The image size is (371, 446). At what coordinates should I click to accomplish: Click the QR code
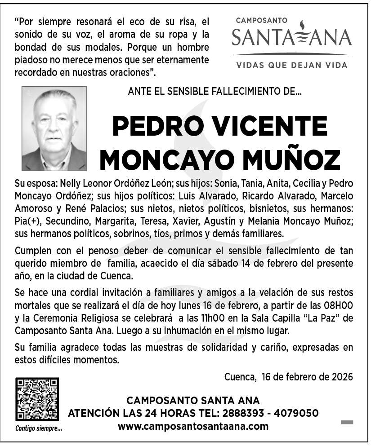pos(37,399)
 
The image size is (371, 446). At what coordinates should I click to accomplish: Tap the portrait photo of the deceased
pos(54,128)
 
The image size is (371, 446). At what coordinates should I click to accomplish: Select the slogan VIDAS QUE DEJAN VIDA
pos(292,65)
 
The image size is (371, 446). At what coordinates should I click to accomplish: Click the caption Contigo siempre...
pos(39,428)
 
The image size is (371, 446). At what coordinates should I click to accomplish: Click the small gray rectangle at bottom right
pos(347,422)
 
